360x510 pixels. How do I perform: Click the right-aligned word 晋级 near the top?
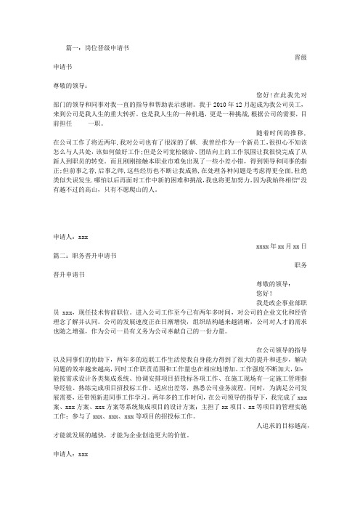point(305,57)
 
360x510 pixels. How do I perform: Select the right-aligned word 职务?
point(305,266)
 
